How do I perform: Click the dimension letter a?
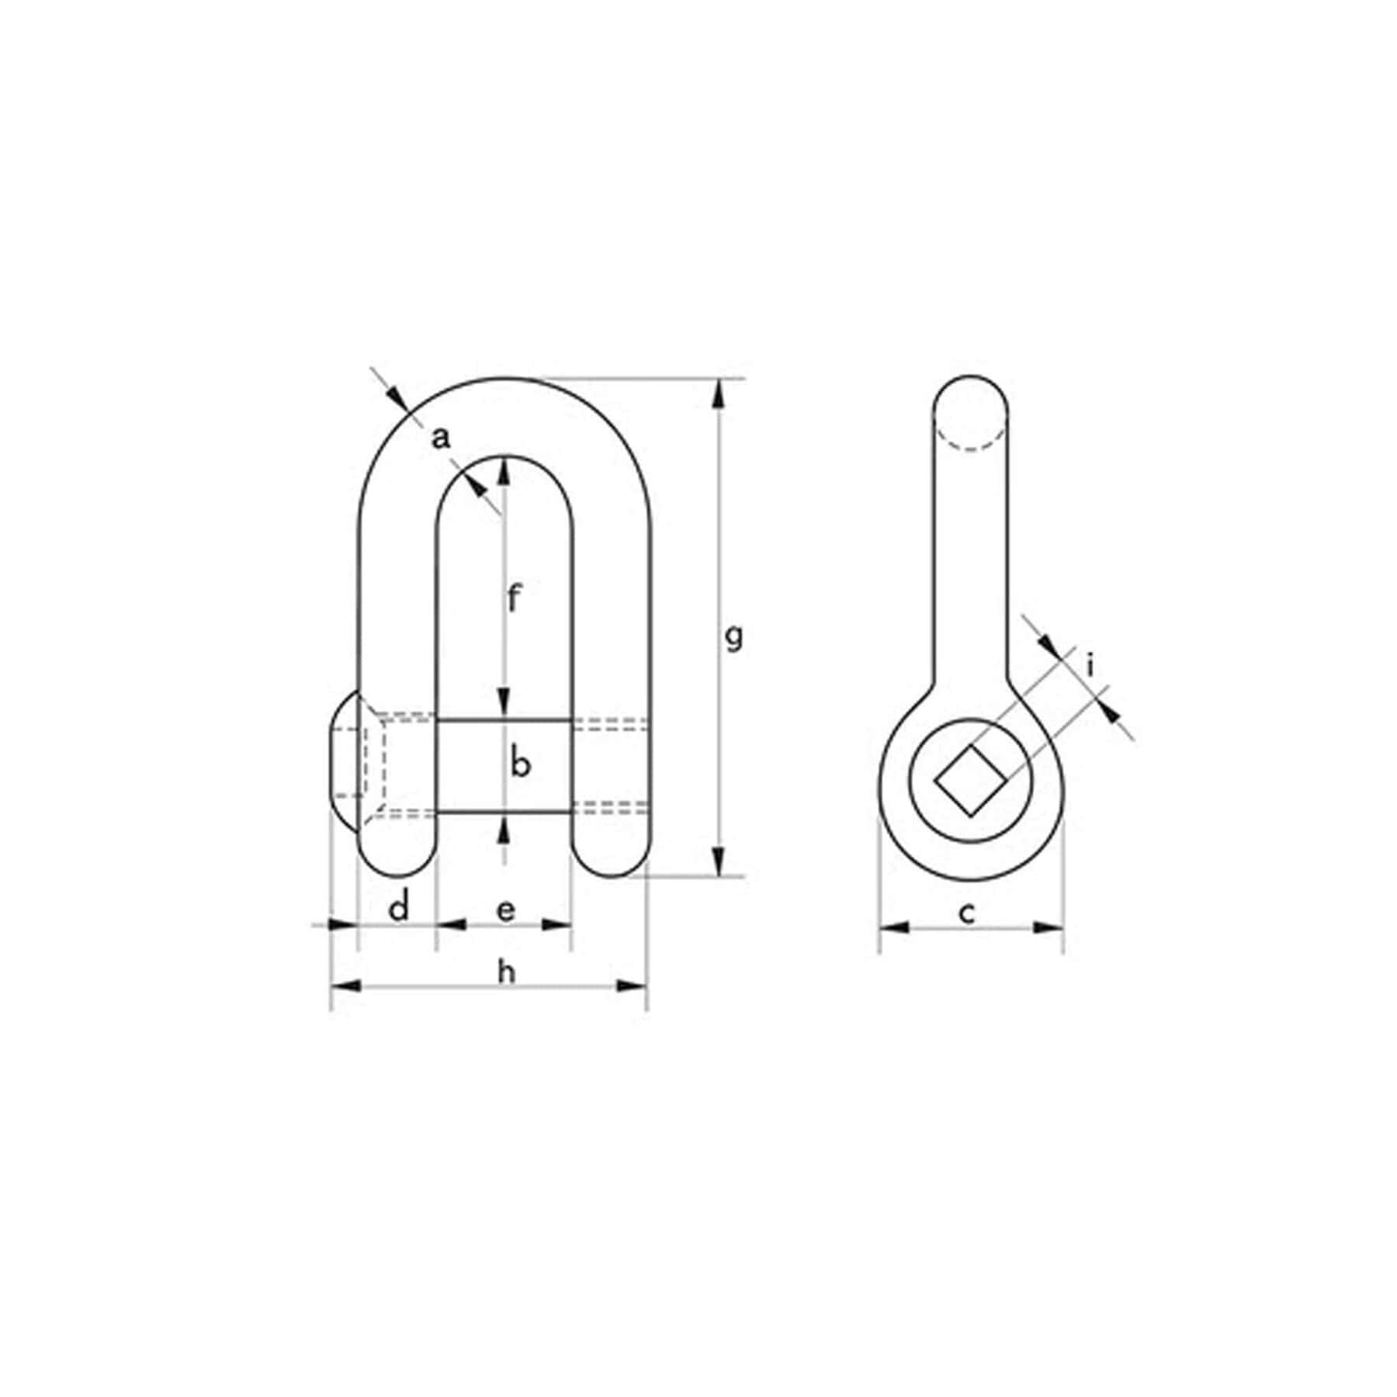(x=441, y=439)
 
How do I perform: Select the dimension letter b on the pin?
(x=521, y=764)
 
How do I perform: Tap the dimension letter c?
(x=966, y=914)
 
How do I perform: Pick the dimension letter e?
(x=505, y=910)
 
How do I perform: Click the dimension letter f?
(x=512, y=598)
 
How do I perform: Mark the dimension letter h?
(x=506, y=972)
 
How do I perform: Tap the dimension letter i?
(x=1090, y=666)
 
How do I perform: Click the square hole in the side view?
(x=970, y=781)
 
